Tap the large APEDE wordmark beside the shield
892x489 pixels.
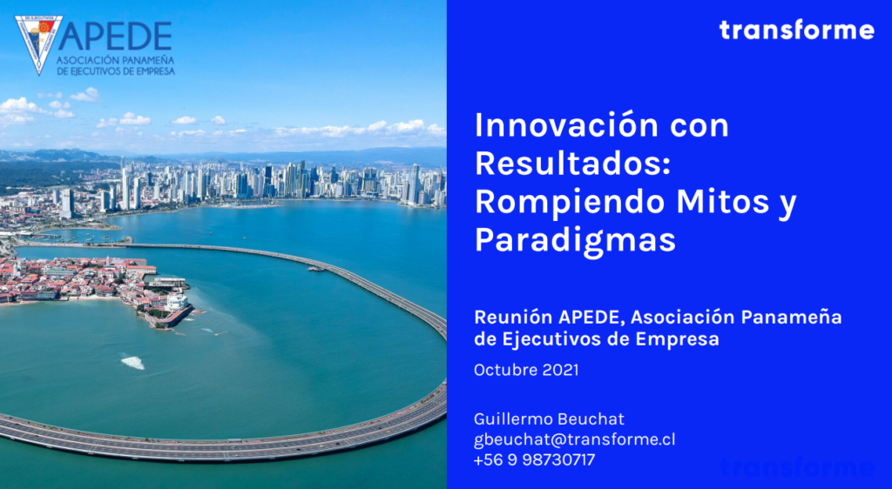tap(116, 37)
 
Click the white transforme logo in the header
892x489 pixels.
tap(796, 30)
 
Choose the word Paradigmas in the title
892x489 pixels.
tap(575, 239)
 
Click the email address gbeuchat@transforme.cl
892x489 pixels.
tap(575, 439)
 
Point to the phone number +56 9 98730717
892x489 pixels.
tap(534, 459)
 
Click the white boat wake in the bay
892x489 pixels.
tap(133, 362)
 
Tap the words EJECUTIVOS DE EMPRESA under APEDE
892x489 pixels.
tap(116, 72)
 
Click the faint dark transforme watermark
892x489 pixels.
tap(797, 467)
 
